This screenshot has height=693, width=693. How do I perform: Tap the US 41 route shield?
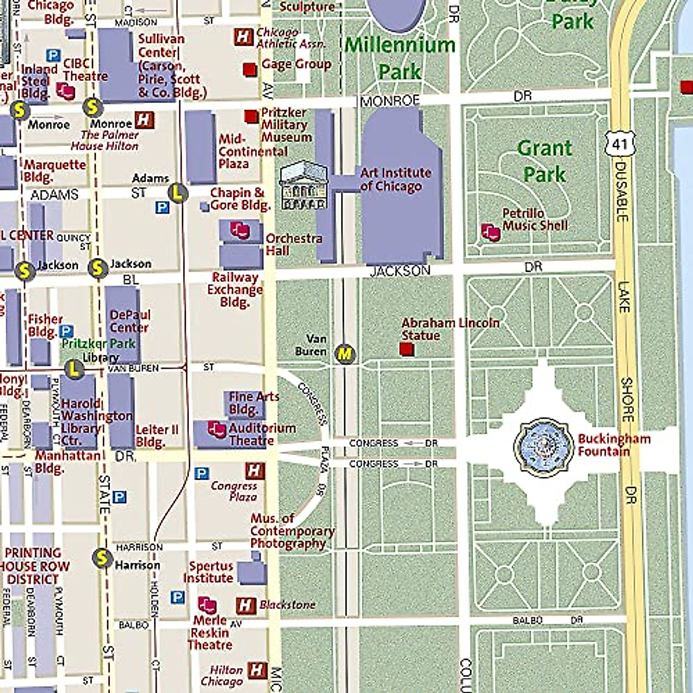tap(620, 143)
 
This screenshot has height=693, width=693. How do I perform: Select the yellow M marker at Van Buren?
tap(345, 353)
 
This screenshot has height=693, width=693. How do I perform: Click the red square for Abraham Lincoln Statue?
tap(407, 349)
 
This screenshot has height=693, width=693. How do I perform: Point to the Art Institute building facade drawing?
tap(303, 185)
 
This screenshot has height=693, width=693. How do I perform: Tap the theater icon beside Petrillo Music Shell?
tap(490, 232)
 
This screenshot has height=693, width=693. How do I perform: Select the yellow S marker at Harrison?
tap(102, 558)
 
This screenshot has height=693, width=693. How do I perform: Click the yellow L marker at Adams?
tap(178, 192)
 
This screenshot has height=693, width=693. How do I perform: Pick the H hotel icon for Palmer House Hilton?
tap(144, 120)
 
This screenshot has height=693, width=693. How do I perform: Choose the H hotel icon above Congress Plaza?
tap(255, 471)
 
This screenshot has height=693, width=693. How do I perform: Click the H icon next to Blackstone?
tap(246, 605)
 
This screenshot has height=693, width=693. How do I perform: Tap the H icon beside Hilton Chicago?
tap(257, 670)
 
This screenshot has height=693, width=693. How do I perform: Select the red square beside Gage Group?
tap(249, 69)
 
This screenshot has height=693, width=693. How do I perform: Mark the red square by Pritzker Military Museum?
tap(251, 117)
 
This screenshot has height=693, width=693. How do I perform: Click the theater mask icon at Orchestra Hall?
tap(240, 230)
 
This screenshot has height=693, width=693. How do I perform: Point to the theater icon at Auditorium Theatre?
tap(217, 429)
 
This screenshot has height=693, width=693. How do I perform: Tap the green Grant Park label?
tap(544, 161)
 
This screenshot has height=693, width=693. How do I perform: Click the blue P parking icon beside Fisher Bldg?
tap(66, 331)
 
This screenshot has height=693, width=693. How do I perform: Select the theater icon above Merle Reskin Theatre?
tap(207, 605)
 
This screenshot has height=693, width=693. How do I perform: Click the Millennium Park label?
tap(400, 58)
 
